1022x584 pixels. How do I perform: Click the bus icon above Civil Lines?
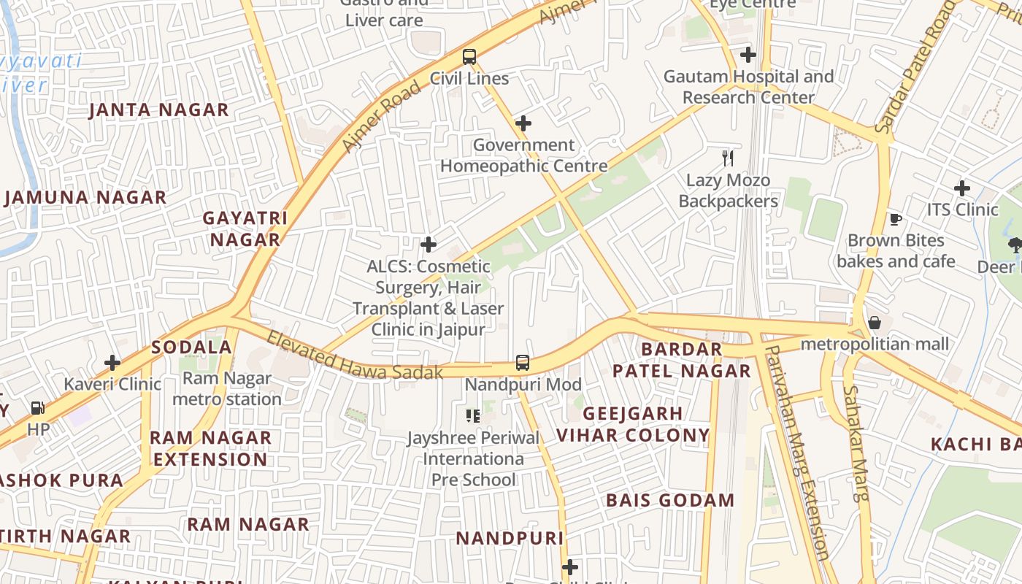(x=469, y=57)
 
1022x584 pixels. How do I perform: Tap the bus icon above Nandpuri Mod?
(x=523, y=363)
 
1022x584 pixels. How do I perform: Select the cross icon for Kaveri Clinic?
(x=112, y=362)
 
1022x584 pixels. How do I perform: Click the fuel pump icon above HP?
(x=37, y=408)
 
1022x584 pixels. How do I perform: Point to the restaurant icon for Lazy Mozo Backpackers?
(x=728, y=158)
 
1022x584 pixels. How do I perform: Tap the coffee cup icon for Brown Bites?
(x=896, y=219)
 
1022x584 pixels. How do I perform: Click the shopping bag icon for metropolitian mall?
(x=875, y=323)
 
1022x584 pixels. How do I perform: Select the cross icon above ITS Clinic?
(x=962, y=188)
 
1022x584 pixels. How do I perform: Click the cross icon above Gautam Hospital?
(x=748, y=55)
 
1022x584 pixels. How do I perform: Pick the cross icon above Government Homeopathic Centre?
(x=523, y=123)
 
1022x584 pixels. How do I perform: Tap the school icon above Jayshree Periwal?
(x=473, y=416)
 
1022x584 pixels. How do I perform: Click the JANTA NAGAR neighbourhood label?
(x=159, y=110)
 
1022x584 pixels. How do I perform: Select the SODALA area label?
(x=191, y=347)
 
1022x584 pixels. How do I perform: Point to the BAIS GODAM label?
(x=670, y=501)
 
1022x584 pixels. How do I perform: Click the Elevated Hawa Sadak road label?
(x=355, y=356)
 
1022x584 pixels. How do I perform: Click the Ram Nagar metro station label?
(x=227, y=389)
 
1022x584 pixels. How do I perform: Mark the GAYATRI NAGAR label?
(x=245, y=228)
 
